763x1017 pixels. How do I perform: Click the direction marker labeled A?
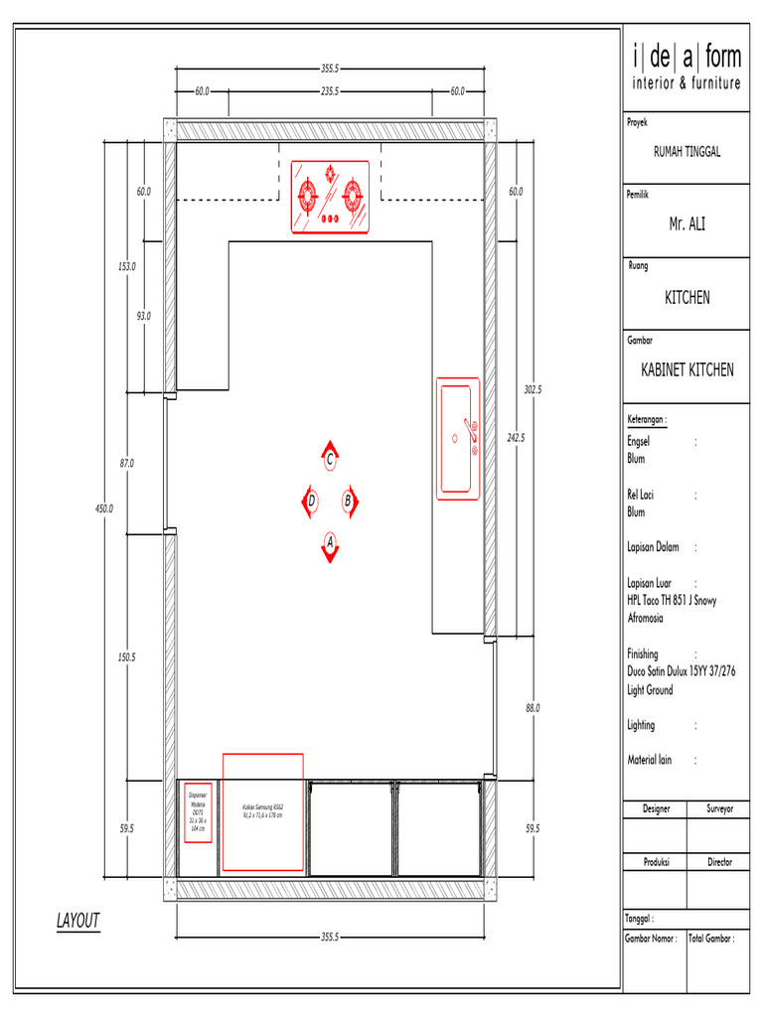(329, 545)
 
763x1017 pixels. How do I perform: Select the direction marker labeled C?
(330, 458)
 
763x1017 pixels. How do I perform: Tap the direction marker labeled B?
(350, 502)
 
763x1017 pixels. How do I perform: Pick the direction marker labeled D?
(310, 502)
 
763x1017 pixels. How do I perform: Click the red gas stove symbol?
(330, 197)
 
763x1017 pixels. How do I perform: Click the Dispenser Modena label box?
(198, 814)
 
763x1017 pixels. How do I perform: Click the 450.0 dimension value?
(104, 508)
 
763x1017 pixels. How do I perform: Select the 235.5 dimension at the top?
(331, 91)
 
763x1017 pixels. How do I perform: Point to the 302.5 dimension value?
(534, 390)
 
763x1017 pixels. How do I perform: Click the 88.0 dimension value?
(533, 708)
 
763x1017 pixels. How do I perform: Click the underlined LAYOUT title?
(77, 922)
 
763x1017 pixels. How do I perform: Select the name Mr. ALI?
(687, 225)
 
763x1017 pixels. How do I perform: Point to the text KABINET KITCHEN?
(687, 369)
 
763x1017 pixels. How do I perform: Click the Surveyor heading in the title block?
(719, 809)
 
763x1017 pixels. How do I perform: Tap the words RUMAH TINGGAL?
(687, 152)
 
